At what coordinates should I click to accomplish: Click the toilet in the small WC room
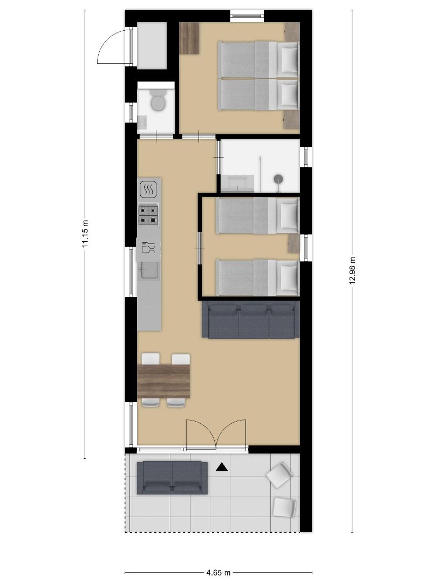[158, 100]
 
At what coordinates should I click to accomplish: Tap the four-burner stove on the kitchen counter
[148, 215]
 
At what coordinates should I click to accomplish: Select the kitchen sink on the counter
[149, 270]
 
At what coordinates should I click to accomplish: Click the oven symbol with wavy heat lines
[149, 189]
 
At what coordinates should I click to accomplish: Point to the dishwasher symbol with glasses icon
[149, 247]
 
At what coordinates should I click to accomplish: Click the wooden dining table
[163, 381]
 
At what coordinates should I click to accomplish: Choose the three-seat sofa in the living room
[250, 320]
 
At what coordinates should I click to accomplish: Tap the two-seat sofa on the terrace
[172, 478]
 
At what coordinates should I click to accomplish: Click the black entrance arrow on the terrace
[222, 467]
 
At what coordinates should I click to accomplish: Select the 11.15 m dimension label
[85, 234]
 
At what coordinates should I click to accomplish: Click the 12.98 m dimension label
[352, 270]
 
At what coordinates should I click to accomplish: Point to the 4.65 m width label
[218, 573]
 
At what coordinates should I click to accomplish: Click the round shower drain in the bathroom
[278, 179]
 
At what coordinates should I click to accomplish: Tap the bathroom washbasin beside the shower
[237, 184]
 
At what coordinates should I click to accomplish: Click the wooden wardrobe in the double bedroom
[189, 38]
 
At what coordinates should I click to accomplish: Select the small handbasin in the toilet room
[142, 123]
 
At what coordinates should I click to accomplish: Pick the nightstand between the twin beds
[294, 243]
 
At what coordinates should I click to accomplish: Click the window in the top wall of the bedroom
[247, 16]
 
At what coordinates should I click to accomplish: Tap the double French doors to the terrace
[216, 436]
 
